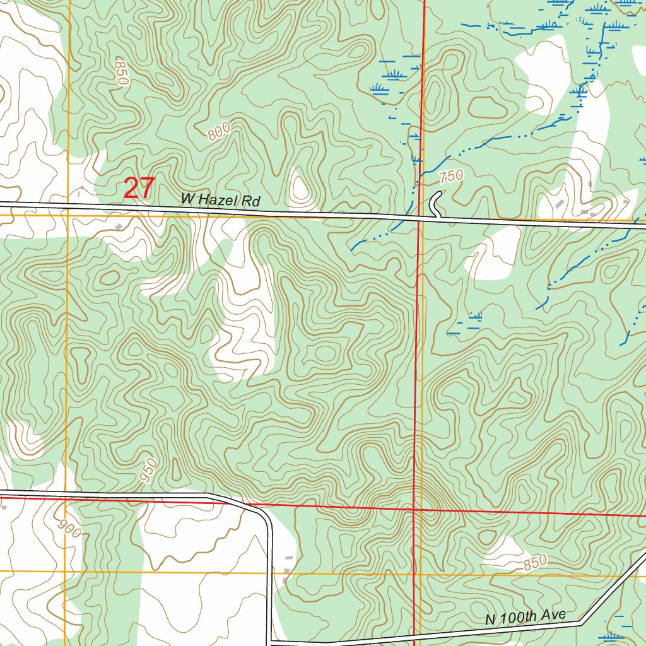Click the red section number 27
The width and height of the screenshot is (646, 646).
click(139, 189)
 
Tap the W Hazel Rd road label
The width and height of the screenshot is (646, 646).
click(221, 201)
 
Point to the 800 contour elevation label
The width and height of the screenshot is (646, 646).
click(218, 131)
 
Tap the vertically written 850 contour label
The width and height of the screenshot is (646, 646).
click(122, 73)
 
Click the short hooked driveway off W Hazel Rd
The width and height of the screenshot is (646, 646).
click(435, 204)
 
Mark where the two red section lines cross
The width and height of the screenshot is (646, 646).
click(413, 508)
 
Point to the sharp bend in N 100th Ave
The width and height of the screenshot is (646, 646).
click(584, 621)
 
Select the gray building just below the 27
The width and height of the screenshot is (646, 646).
click(118, 225)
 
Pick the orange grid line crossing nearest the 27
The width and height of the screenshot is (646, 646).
click(68, 214)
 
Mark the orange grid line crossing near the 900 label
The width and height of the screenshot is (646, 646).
click(66, 572)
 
